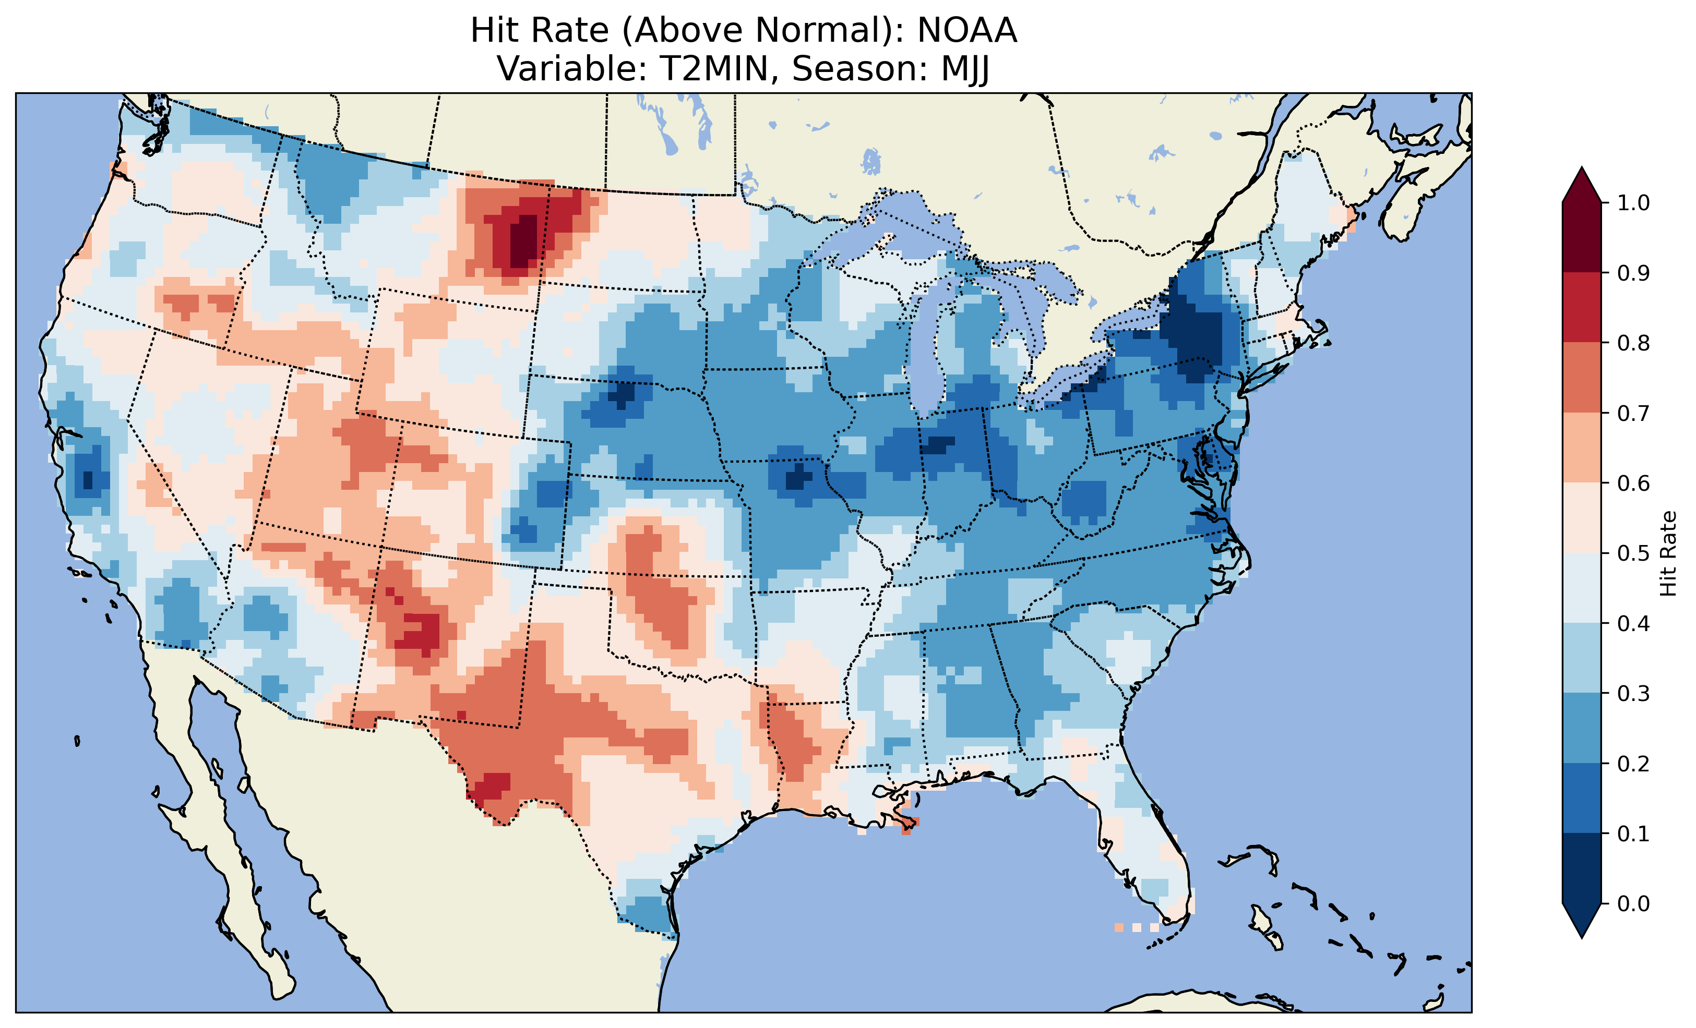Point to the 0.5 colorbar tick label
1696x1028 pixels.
(x=1633, y=553)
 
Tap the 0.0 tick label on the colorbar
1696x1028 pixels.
(x=1633, y=903)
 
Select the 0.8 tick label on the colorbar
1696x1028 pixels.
(x=1633, y=343)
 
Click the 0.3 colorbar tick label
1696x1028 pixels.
(x=1633, y=694)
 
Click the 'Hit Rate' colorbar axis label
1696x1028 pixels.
(x=1668, y=553)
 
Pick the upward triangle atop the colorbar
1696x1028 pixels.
(x=1582, y=186)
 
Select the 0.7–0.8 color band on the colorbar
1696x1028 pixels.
(x=1582, y=377)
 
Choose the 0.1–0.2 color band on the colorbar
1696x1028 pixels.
(x=1582, y=798)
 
